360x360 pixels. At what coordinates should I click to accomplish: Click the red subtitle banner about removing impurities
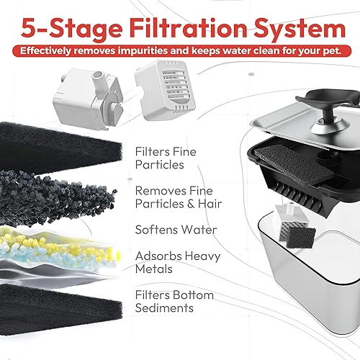tap(180, 51)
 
